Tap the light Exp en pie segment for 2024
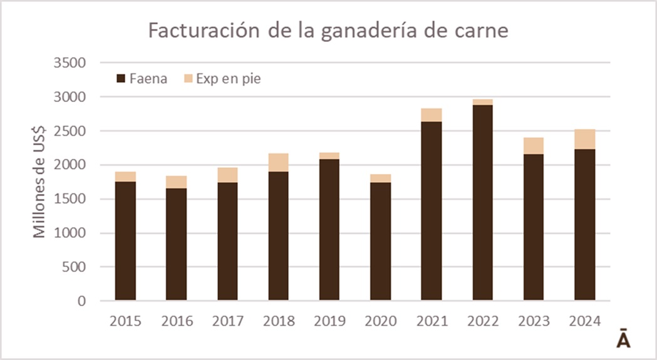tap(585, 139)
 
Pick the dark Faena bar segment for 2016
tap(176, 244)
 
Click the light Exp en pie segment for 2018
tap(279, 162)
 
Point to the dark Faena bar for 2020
tap(381, 242)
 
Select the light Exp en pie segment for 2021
tap(432, 115)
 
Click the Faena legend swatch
tap(122, 80)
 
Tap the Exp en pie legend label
tap(228, 80)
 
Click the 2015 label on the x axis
tap(125, 321)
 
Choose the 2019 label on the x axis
tap(329, 321)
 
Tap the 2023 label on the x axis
tap(534, 321)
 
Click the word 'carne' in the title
tap(483, 31)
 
